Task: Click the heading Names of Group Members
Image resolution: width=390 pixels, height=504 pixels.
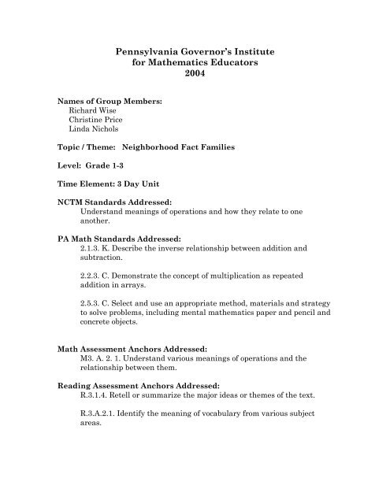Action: click(111, 102)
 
